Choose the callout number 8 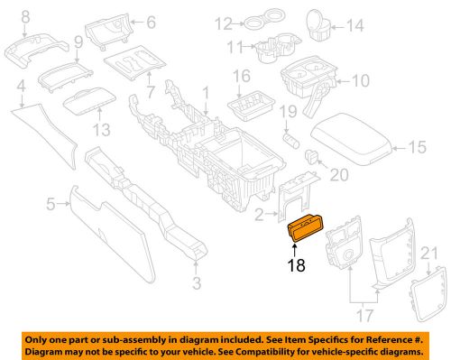click(23, 15)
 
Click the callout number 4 click(19, 87)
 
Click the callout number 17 click(365, 317)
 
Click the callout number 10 click(360, 80)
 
